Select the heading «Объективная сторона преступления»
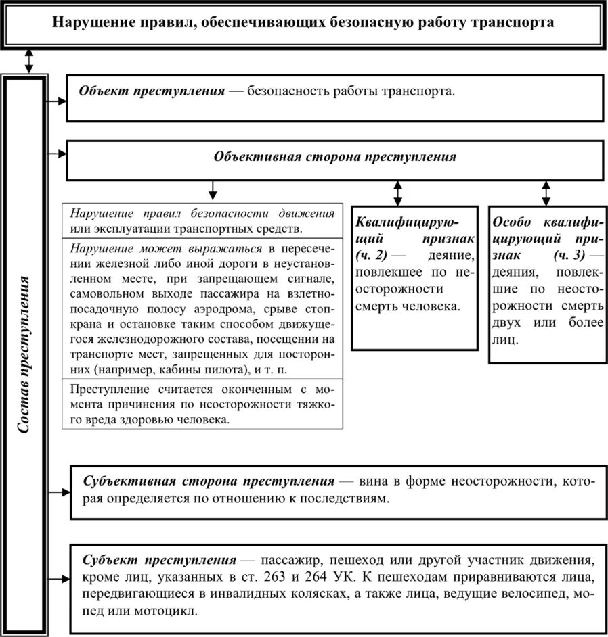pos(334,157)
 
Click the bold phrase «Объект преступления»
pos(152,91)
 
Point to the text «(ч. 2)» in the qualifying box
pos(371,256)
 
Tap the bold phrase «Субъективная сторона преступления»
pos(209,481)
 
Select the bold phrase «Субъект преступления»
pos(159,561)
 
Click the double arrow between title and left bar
pos(28,60)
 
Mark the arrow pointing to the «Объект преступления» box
pos(57,101)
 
